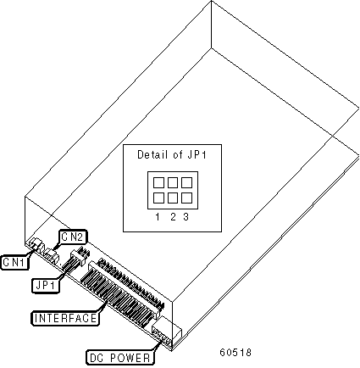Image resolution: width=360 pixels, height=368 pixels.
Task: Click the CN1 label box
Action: click(14, 262)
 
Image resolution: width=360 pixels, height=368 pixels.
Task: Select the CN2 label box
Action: click(72, 237)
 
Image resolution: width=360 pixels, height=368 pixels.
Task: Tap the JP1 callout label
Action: click(46, 286)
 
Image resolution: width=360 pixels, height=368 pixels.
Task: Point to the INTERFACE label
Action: click(65, 318)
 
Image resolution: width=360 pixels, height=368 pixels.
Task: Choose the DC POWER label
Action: click(120, 358)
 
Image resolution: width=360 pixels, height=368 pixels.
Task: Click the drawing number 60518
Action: click(235, 352)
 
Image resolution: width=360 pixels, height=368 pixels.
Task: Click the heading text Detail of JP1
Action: click(172, 154)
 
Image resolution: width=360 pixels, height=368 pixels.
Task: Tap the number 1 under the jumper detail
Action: click(158, 217)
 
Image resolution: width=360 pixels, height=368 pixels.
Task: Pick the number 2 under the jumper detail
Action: click(173, 217)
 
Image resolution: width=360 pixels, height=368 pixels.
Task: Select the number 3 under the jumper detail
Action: click(186, 217)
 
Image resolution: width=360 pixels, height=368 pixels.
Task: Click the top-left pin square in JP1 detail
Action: click(158, 182)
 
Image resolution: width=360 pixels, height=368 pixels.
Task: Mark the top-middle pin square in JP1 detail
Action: click(173, 182)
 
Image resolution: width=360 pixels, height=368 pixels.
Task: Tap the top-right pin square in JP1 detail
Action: click(186, 182)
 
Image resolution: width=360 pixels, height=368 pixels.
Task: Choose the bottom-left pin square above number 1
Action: click(158, 198)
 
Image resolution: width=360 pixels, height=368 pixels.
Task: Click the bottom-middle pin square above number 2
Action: click(173, 198)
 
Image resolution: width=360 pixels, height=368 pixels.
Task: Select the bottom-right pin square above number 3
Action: click(186, 198)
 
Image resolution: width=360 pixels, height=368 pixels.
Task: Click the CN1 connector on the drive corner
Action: click(36, 243)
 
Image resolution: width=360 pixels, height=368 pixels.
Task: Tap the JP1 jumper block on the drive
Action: click(77, 258)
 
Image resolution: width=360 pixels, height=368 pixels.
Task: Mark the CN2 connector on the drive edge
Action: click(53, 255)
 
